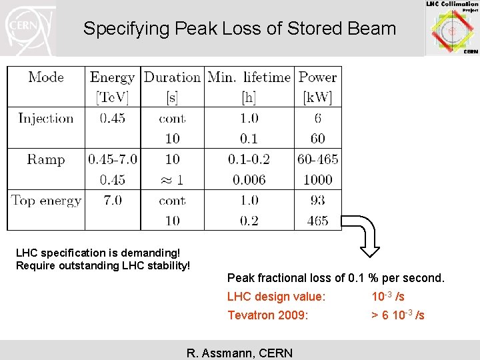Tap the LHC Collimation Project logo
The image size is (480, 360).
pos(453,28)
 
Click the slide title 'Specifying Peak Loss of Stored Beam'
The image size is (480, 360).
pos(239,29)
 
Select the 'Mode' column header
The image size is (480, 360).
pos(46,77)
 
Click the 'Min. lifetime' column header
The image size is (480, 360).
pos(249,77)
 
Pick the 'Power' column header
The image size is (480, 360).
pos(317,77)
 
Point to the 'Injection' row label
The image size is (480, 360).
pos(45,119)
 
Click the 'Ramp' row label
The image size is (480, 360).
pos(45,159)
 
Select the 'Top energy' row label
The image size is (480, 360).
pos(46,201)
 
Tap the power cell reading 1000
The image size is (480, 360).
pos(317,180)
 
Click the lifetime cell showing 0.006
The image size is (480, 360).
pos(249,180)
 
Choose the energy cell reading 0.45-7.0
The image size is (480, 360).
pos(112,159)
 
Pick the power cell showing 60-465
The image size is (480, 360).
pos(317,159)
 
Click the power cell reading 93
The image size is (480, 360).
pos(317,201)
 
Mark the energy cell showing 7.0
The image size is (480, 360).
pos(112,201)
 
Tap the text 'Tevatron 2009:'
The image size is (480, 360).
pos(268,315)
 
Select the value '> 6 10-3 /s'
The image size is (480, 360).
pos(397,315)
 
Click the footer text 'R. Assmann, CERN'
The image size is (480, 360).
pos(239,353)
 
